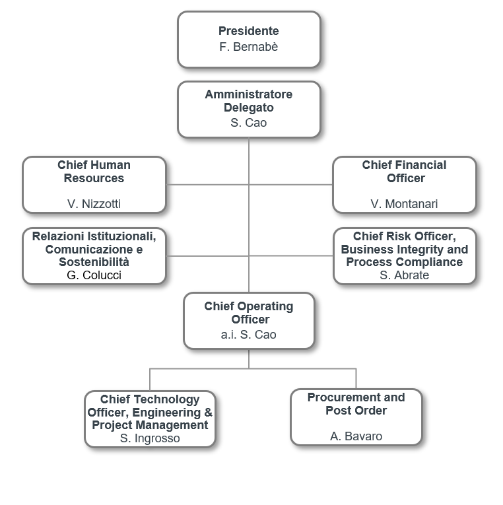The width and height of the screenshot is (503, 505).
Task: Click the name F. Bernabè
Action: click(x=249, y=47)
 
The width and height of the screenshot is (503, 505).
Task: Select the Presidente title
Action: click(x=249, y=31)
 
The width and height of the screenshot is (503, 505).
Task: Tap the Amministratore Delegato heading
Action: click(x=249, y=101)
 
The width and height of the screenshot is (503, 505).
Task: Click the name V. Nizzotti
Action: click(x=94, y=204)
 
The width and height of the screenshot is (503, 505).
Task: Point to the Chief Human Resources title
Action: click(x=94, y=172)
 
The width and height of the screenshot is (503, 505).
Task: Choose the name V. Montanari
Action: click(x=404, y=204)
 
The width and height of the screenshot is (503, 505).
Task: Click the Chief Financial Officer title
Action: click(x=405, y=172)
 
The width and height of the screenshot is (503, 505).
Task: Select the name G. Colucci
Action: click(x=94, y=275)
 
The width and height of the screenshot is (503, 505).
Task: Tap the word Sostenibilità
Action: click(x=94, y=262)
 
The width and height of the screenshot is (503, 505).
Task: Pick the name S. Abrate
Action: click(x=404, y=275)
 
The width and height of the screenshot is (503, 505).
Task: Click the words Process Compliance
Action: click(x=405, y=262)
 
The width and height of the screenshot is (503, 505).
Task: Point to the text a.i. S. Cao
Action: click(x=249, y=335)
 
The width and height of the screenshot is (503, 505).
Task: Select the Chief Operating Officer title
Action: click(x=249, y=313)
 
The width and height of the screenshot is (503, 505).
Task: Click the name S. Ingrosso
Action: click(x=150, y=438)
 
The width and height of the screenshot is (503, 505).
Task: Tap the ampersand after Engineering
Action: click(x=209, y=413)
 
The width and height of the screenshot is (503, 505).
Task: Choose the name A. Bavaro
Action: click(x=356, y=436)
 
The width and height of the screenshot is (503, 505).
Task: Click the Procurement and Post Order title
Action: click(x=356, y=404)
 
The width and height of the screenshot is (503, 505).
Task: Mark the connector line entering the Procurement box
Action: click(x=356, y=379)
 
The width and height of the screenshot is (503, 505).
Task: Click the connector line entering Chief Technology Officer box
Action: click(x=150, y=380)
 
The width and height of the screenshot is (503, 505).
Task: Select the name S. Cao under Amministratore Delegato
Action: click(x=249, y=123)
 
